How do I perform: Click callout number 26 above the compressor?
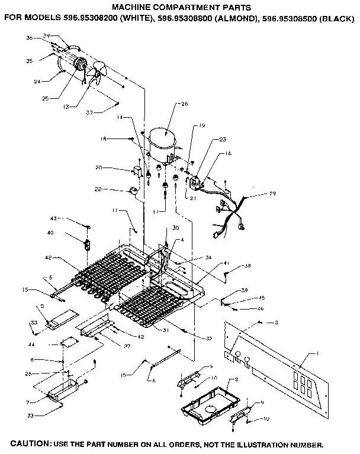click(x=184, y=105)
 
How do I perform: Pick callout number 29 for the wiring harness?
click(x=272, y=194)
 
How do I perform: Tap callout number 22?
click(x=98, y=189)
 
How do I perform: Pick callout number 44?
click(x=47, y=344)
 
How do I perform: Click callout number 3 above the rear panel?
click(x=276, y=322)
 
